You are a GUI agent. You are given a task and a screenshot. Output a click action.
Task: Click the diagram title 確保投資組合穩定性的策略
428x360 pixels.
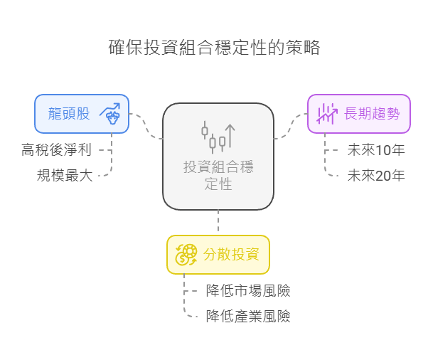click(x=214, y=48)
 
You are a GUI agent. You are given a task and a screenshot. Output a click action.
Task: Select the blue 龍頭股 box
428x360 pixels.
click(x=82, y=113)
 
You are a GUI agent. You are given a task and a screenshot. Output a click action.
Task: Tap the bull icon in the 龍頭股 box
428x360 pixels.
click(x=110, y=113)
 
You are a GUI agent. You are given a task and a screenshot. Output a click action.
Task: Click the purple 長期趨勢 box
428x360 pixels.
click(x=358, y=113)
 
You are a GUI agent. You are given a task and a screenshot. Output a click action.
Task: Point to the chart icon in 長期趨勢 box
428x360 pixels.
click(x=326, y=113)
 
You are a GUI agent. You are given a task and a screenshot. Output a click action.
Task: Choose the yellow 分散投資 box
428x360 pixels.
click(x=218, y=254)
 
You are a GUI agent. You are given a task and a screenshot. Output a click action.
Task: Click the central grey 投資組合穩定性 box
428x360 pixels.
click(x=218, y=157)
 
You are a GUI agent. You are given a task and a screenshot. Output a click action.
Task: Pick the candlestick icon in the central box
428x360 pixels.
click(x=218, y=136)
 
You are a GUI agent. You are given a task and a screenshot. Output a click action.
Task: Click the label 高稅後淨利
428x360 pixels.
click(x=57, y=150)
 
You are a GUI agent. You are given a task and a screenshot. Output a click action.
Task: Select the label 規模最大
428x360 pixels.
click(x=65, y=175)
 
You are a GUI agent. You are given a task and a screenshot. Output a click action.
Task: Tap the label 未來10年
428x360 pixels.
click(x=375, y=150)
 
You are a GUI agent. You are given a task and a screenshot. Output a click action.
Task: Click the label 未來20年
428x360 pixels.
click(x=375, y=175)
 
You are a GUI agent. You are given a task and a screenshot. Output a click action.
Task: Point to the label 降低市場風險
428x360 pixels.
click(x=247, y=290)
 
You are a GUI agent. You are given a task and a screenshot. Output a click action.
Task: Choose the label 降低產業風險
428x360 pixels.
click(x=247, y=316)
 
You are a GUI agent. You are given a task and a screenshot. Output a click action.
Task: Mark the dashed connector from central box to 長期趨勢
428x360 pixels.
click(x=291, y=127)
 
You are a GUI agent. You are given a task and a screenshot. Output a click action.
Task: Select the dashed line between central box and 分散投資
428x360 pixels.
click(x=218, y=222)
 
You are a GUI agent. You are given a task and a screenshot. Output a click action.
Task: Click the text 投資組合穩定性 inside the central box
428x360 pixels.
click(x=218, y=175)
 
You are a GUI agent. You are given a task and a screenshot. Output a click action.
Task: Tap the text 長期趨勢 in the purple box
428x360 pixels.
click(x=372, y=113)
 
